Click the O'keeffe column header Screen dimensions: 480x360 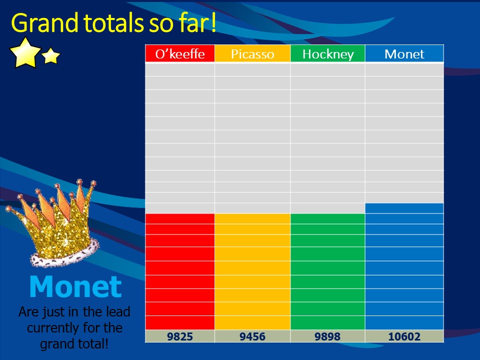[x=180, y=53]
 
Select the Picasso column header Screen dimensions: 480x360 [x=252, y=53]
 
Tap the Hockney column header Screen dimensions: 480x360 [x=328, y=53]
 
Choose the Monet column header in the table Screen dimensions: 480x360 [x=404, y=53]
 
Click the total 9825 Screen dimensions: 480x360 [x=180, y=336]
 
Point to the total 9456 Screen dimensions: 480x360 [x=252, y=336]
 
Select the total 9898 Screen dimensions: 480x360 [x=327, y=336]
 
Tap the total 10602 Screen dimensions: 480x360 [x=404, y=336]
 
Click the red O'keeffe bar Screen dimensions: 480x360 [x=180, y=271]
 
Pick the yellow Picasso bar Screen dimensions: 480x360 [x=252, y=271]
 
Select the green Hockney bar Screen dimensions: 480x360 [x=327, y=271]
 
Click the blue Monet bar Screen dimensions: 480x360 [x=404, y=266]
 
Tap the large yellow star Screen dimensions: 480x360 [x=25, y=53]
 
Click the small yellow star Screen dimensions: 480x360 [x=51, y=55]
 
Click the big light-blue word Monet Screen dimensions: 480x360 [x=75, y=286]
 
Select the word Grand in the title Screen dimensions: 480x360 [x=44, y=23]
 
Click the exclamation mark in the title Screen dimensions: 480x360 [x=213, y=22]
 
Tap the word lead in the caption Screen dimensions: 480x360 [x=118, y=311]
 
